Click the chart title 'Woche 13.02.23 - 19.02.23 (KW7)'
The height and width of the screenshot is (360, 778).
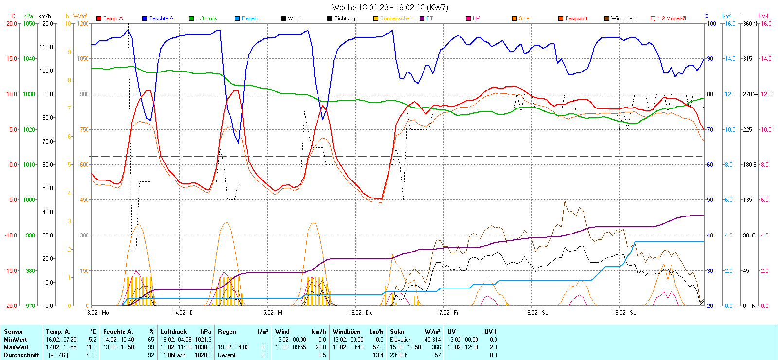click(390, 7)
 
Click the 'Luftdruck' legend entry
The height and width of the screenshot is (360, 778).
click(206, 18)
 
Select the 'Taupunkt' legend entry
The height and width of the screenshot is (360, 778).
click(576, 18)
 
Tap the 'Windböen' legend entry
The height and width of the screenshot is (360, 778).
click(623, 18)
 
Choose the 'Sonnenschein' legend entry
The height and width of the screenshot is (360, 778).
click(397, 18)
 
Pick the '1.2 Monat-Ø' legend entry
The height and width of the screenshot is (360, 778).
click(672, 18)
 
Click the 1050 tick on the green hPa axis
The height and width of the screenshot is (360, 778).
click(29, 23)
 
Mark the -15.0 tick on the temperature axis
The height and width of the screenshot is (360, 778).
click(12, 270)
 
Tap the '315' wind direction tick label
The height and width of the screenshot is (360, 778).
click(747, 59)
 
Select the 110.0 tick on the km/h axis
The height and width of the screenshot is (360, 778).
click(46, 47)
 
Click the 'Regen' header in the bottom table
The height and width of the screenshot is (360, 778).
click(227, 332)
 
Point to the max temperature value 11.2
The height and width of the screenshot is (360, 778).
click(91, 347)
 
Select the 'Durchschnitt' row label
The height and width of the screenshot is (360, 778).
click(21, 355)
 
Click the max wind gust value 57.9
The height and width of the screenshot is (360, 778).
click(378, 347)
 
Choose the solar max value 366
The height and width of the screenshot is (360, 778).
click(436, 347)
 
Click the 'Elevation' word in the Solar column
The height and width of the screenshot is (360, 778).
click(401, 340)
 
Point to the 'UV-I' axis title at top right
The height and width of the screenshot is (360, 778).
click(763, 16)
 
